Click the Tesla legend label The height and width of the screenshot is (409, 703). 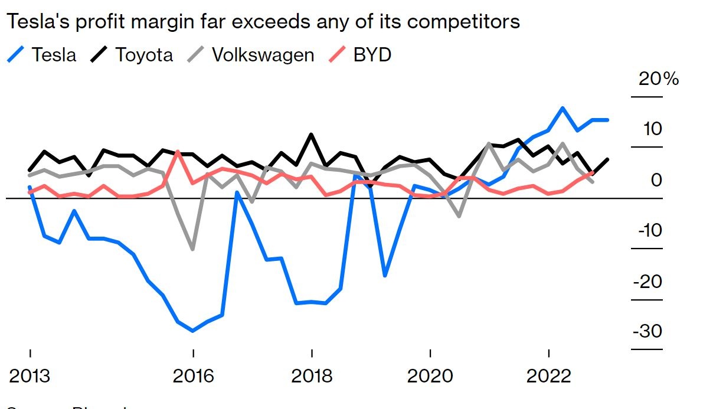coord(54,55)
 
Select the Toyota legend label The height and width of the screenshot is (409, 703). coord(145,55)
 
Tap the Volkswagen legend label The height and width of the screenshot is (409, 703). coord(263,55)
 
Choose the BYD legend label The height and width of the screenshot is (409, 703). coord(372,55)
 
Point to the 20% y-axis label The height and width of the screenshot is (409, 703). coord(659,78)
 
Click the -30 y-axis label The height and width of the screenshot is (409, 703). coord(648,331)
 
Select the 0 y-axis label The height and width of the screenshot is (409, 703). coord(656,180)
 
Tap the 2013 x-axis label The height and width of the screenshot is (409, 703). coord(29,376)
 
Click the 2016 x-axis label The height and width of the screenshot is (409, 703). coord(192,376)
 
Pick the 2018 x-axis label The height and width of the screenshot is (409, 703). coord(312,376)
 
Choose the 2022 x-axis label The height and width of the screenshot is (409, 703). coord(549,376)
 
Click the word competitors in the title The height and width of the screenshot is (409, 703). coord(463,22)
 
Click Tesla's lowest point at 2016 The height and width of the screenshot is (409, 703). coord(192,331)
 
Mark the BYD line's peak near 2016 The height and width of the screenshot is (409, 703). coord(178,152)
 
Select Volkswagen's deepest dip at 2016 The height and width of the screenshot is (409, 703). coord(192,249)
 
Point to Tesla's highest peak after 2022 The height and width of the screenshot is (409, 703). coord(563,108)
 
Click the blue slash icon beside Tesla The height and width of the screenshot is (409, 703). coord(17,55)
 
